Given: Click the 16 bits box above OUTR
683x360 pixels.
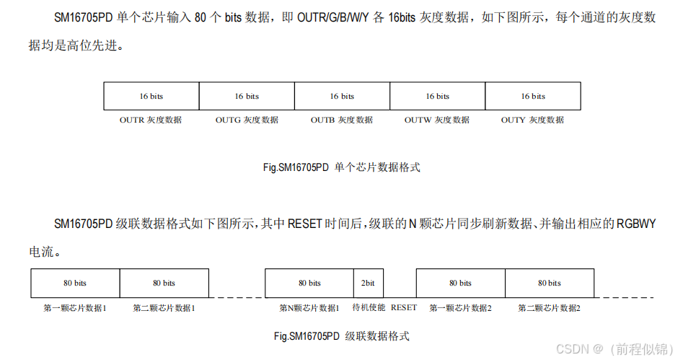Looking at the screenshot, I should click(151, 96).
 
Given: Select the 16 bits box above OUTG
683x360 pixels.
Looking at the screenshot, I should click(247, 96).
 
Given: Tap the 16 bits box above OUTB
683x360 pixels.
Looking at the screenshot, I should click(342, 96).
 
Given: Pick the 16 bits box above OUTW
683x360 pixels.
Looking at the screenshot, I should click(437, 96).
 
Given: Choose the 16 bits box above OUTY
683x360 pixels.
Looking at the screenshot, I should click(533, 96).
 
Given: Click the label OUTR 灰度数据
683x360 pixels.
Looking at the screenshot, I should click(151, 120).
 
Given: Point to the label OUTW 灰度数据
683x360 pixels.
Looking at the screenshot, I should click(436, 120).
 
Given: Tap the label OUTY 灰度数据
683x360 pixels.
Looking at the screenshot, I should click(532, 120).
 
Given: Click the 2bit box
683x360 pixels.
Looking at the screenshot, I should click(367, 283).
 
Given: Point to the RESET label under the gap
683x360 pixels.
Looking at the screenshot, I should click(404, 307).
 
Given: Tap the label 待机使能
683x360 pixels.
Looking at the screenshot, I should click(369, 307).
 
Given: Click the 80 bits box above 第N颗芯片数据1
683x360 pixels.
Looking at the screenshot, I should click(309, 283).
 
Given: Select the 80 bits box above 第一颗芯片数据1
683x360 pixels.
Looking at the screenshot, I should click(75, 283).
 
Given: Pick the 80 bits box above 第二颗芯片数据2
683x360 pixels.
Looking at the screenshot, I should click(550, 283).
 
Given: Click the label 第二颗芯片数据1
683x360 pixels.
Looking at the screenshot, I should click(164, 308).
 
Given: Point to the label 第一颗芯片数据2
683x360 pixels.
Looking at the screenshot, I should click(460, 308).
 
